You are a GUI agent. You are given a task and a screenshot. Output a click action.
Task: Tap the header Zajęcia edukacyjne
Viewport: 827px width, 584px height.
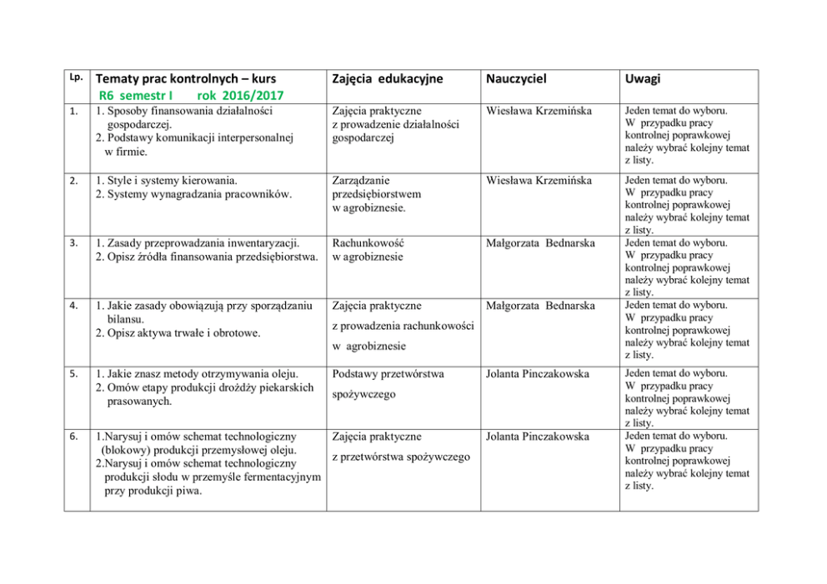click(x=387, y=78)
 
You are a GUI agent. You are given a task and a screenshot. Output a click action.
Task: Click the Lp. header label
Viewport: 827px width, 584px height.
click(x=75, y=75)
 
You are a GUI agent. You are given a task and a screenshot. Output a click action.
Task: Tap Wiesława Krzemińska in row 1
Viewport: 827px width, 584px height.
click(x=539, y=110)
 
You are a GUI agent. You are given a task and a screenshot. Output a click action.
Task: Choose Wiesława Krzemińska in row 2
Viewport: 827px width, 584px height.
click(x=539, y=180)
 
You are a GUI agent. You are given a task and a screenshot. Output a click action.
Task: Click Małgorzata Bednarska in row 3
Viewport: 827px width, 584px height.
click(x=540, y=243)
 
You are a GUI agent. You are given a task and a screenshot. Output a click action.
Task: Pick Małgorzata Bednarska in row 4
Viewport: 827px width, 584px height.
click(x=540, y=306)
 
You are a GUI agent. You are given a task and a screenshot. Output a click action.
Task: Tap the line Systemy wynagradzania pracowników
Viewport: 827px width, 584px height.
click(x=193, y=194)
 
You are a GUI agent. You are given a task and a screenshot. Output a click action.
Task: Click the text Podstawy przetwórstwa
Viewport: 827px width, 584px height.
click(x=388, y=374)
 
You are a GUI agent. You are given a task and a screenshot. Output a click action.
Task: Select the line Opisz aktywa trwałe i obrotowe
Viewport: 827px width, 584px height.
click(x=177, y=333)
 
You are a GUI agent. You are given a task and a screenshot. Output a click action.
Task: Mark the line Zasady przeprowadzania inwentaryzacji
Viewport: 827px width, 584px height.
click(x=197, y=243)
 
